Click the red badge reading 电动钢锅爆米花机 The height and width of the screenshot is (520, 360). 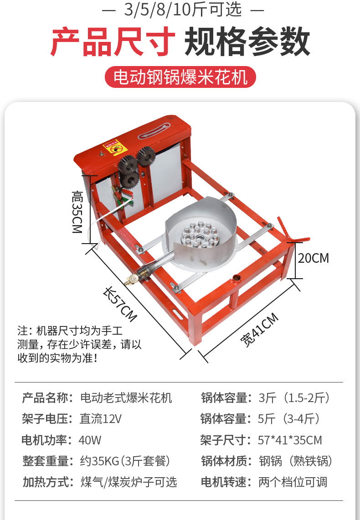point(180,77)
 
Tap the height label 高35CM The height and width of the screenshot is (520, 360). point(78,212)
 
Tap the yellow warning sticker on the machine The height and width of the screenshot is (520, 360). point(116,148)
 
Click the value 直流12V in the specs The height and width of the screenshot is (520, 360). point(101,419)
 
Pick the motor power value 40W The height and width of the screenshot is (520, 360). point(90,440)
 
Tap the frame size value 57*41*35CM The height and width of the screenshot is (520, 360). point(290,440)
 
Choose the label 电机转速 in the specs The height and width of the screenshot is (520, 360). point(226,482)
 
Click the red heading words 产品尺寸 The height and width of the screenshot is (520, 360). point(113,42)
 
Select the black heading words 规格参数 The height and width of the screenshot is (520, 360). point(247,42)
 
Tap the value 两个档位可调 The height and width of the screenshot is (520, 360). point(293,482)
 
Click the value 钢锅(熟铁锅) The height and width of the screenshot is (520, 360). point(295,461)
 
